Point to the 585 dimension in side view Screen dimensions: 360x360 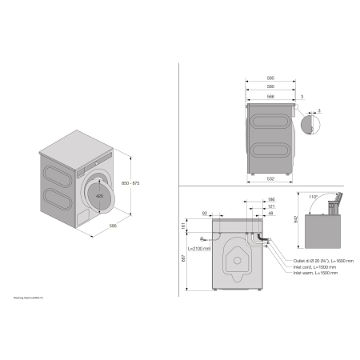pos(271,78)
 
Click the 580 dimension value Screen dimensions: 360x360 pos(271,86)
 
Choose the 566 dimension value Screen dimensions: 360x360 pos(271,95)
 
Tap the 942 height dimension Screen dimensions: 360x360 pos(297,218)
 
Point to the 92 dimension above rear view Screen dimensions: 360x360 pos(205,213)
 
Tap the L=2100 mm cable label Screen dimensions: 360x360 pos(200,249)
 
